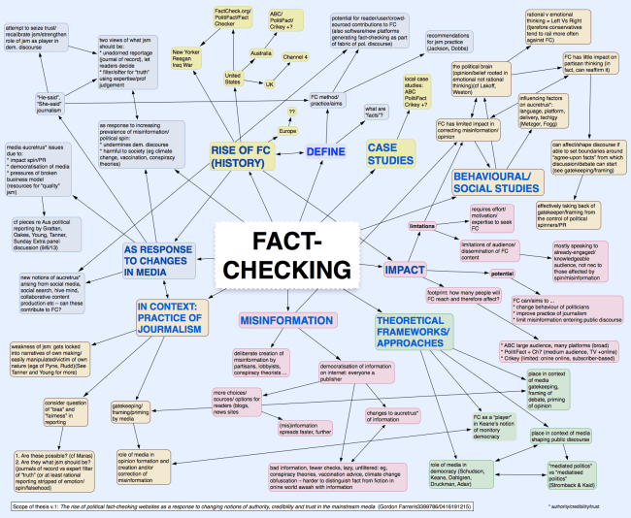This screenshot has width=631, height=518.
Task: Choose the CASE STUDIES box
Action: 390,152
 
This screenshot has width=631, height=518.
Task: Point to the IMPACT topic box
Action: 406,243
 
